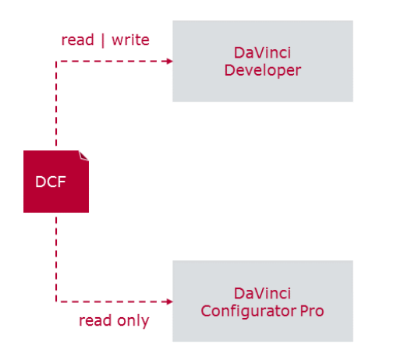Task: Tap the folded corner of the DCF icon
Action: click(83, 155)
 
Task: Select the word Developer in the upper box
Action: click(262, 70)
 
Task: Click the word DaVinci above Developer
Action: click(262, 53)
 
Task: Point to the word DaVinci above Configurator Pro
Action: click(262, 294)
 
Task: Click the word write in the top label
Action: click(131, 39)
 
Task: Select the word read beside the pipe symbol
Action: click(78, 39)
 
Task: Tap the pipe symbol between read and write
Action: click(103, 39)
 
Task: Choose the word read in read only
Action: click(95, 320)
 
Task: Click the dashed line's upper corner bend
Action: click(56, 62)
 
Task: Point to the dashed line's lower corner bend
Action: click(56, 302)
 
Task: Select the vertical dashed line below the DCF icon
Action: click(56, 257)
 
